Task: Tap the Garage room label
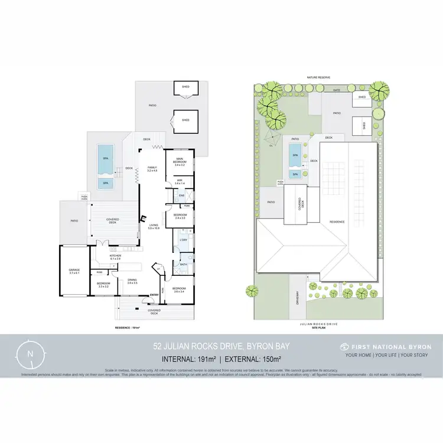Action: coord(74,272)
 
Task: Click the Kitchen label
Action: coord(115,257)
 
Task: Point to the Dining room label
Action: coord(132,282)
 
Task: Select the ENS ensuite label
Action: coord(182,195)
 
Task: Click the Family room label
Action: coord(152,169)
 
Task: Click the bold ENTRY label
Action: coord(154,295)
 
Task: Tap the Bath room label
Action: coord(184,265)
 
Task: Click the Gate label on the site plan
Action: coord(337,90)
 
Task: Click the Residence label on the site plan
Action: coord(337,222)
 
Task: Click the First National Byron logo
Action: coord(386,347)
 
